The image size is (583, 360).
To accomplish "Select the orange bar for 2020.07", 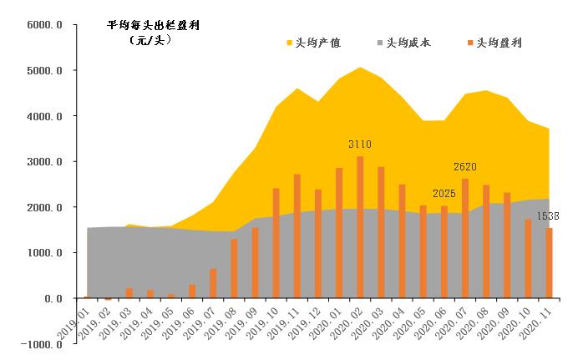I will pyautogui.click(x=465, y=238).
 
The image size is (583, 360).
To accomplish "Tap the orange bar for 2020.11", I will pyautogui.click(x=550, y=263).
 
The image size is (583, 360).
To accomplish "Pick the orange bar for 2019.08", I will pyautogui.click(x=234, y=269).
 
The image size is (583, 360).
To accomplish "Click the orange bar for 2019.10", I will pyautogui.click(x=276, y=243).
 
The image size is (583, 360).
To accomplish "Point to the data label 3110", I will pyautogui.click(x=360, y=145).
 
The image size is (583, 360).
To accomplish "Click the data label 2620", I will pyautogui.click(x=465, y=167).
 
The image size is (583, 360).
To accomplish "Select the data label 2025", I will pyautogui.click(x=444, y=194).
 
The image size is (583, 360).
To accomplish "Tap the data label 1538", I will pyautogui.click(x=549, y=216).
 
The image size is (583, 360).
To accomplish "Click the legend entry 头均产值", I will pyautogui.click(x=318, y=43).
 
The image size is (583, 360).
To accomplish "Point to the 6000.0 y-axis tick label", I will pyautogui.click(x=45, y=25).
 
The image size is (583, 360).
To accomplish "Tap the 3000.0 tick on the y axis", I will pyautogui.click(x=45, y=162).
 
